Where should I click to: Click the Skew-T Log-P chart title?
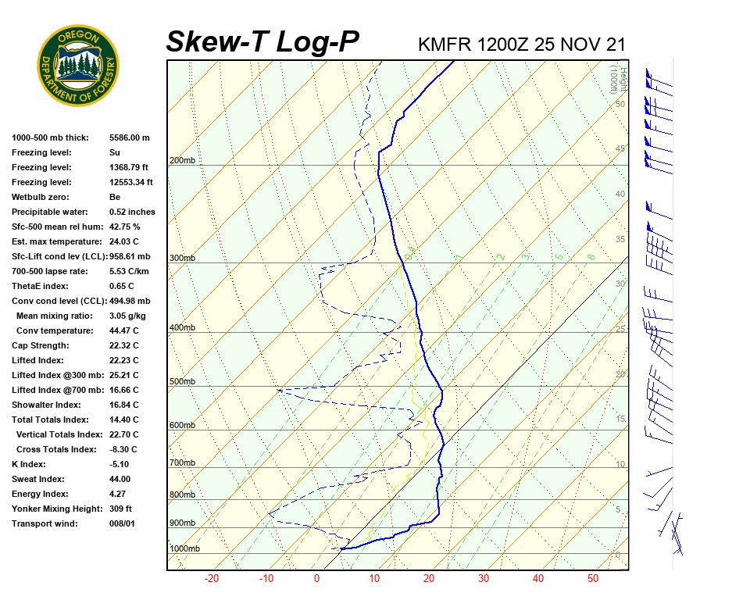(262, 42)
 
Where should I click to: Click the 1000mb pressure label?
(184, 549)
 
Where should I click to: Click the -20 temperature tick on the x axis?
(211, 579)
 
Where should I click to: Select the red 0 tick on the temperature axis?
(317, 579)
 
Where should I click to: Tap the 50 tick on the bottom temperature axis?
(593, 579)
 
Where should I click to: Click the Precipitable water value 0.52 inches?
(132, 212)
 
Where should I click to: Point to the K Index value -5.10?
(120, 464)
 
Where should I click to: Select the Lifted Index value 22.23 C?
(124, 360)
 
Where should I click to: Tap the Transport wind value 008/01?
(123, 523)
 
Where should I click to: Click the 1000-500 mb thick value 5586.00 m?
(130, 137)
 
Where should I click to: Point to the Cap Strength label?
(41, 345)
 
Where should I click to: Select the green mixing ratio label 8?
(591, 256)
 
